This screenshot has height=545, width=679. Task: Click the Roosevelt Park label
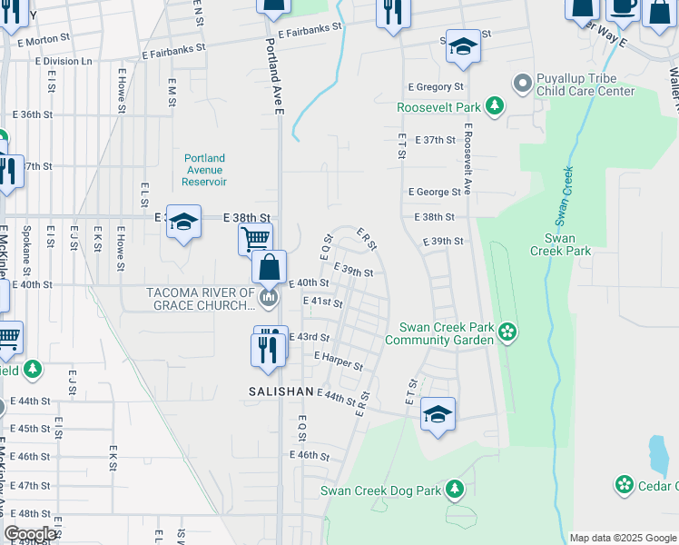coord(438,107)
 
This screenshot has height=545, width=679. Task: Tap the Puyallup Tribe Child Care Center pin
coord(522,84)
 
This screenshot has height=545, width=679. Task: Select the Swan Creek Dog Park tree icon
coord(454,490)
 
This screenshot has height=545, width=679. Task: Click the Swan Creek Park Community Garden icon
coord(507,333)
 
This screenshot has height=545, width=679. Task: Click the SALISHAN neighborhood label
coord(281,391)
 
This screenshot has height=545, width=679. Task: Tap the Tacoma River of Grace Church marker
coord(268,298)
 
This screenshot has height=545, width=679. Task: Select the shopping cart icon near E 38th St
coord(255,240)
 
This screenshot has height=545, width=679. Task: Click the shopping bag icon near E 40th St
coord(270,267)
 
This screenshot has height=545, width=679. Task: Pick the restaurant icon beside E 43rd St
coord(267,349)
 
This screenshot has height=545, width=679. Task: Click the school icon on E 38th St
coord(182,223)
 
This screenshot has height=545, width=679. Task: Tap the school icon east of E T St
coord(438,414)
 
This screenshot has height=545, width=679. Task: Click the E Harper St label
coord(338,362)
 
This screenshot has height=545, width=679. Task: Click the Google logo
coord(30,534)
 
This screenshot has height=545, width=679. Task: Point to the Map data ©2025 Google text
coord(622,538)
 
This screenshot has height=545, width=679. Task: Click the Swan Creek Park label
coord(567,244)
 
